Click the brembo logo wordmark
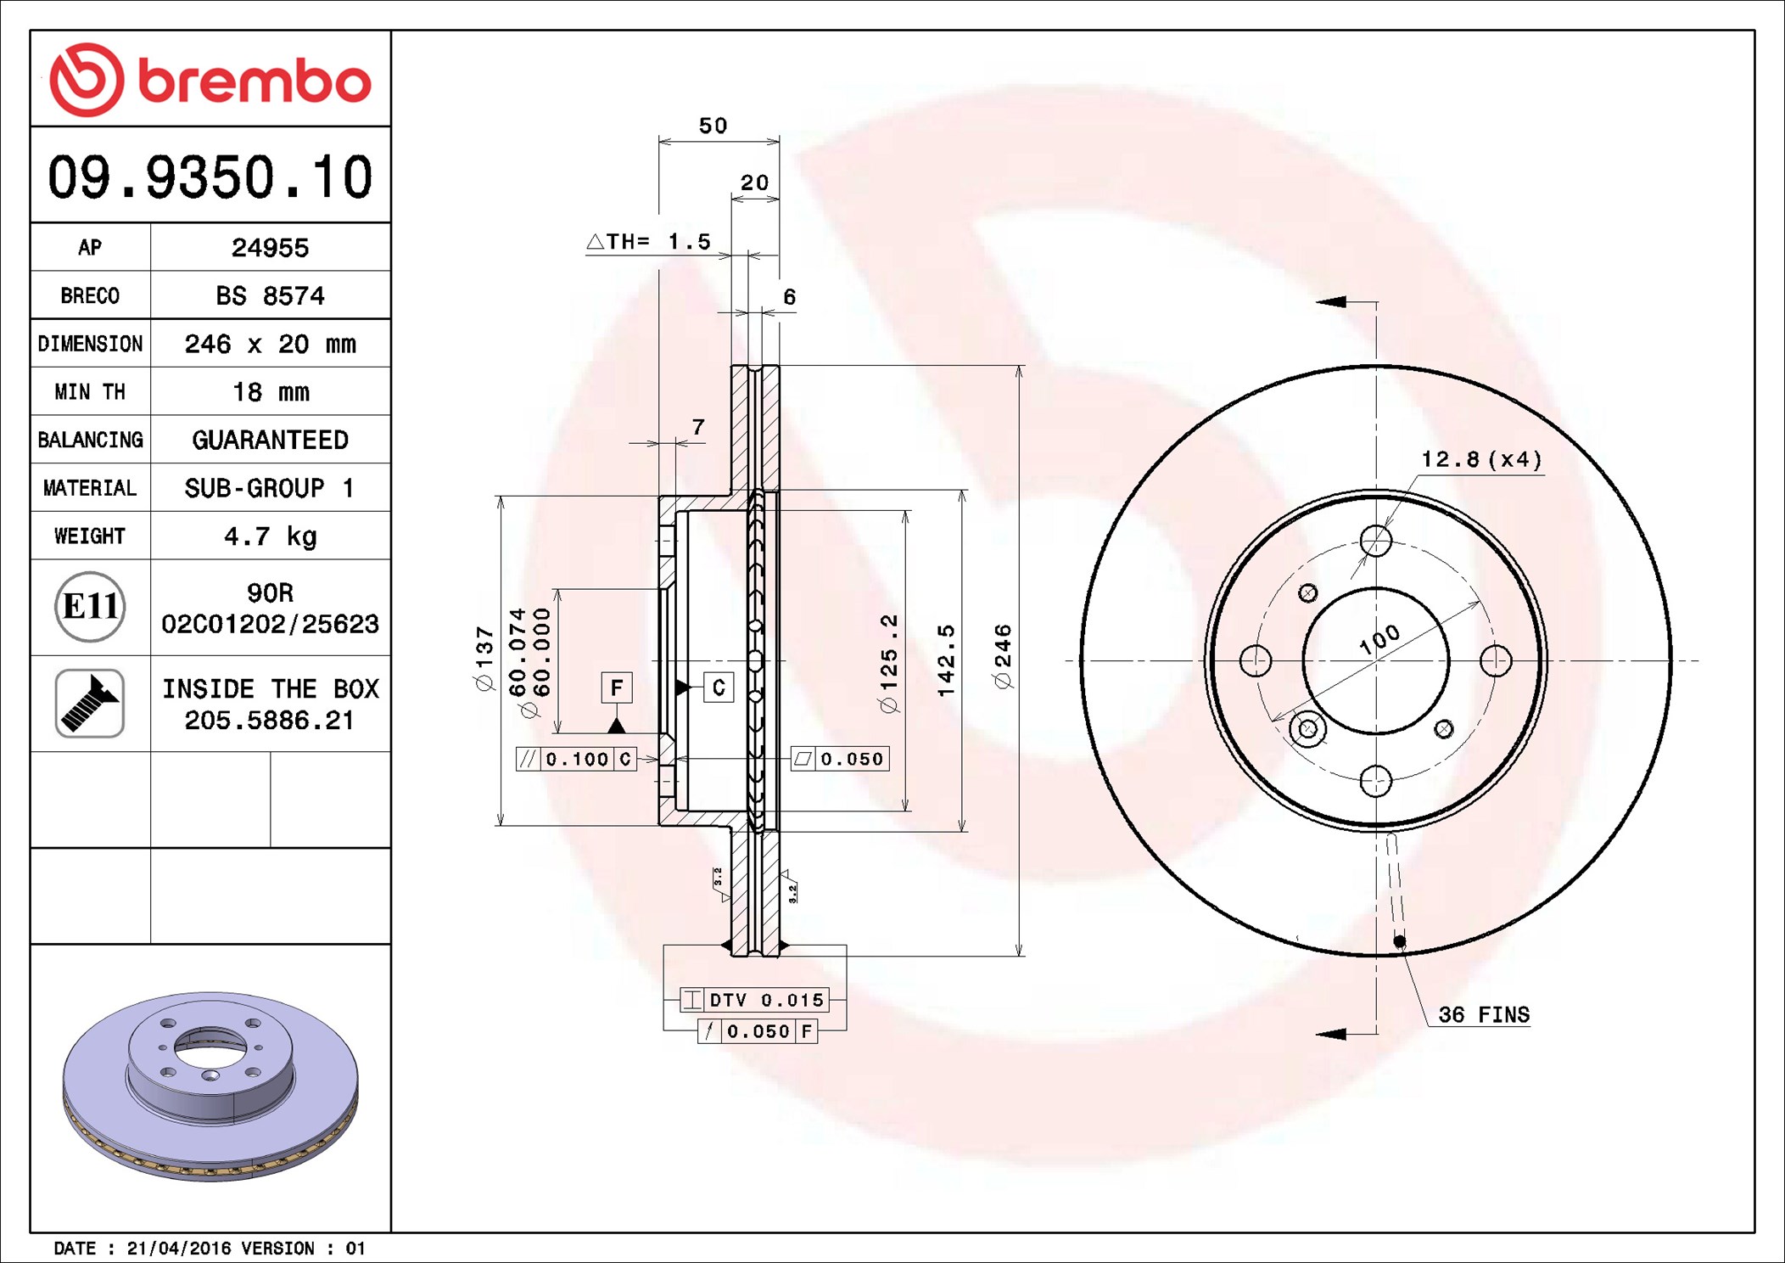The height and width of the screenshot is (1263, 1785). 254,81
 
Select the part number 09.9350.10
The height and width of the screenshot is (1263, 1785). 210,177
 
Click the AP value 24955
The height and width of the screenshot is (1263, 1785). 270,248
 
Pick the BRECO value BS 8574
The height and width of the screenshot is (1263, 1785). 270,295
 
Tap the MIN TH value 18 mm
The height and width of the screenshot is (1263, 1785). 271,392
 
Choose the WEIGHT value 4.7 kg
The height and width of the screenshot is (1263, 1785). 270,536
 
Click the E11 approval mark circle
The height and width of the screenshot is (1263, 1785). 90,607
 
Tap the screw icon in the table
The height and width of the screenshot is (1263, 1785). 90,703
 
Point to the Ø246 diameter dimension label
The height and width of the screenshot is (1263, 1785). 1003,657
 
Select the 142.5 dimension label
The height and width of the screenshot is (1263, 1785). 946,660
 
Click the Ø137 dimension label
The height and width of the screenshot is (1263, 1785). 484,659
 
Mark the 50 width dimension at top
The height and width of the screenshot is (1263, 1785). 713,126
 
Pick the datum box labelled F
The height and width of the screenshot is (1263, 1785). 617,687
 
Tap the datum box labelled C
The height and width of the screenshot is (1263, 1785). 719,687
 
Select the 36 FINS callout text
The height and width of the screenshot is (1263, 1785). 1484,1014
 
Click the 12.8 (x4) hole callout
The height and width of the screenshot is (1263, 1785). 1481,459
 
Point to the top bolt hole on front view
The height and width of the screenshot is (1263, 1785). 1376,541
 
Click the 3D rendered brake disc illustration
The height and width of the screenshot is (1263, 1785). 210,1086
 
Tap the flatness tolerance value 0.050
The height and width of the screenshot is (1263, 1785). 852,759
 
